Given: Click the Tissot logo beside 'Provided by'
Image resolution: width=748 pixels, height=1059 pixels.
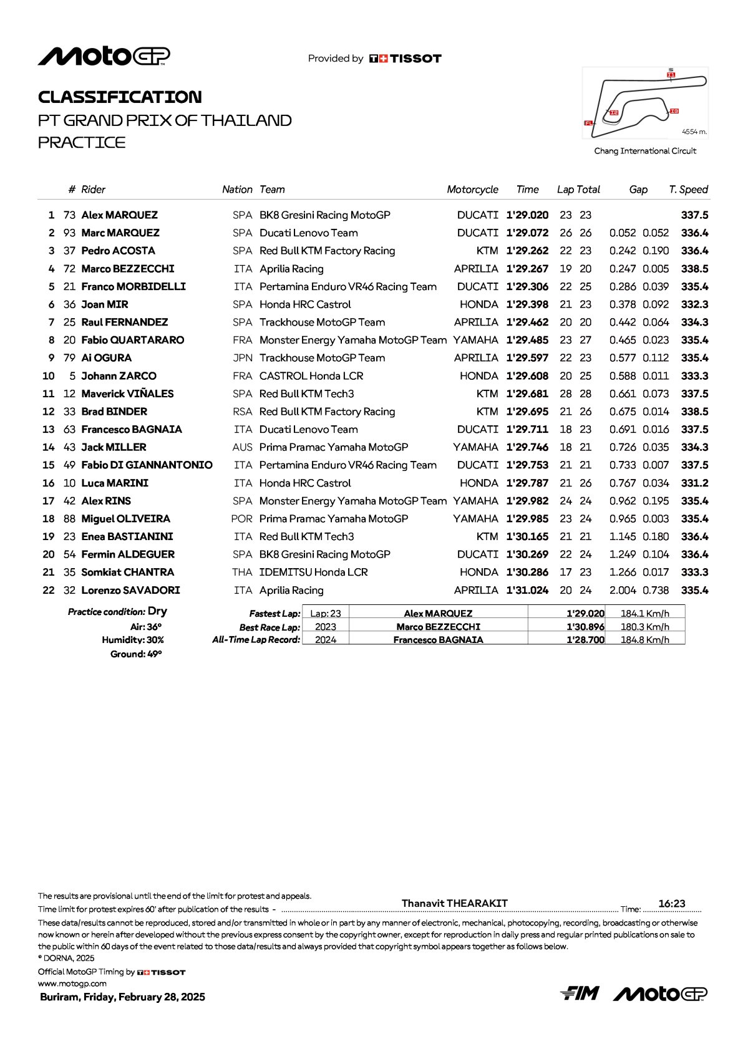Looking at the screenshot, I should click(x=406, y=59).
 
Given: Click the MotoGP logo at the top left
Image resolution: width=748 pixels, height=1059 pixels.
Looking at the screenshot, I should click(x=104, y=56).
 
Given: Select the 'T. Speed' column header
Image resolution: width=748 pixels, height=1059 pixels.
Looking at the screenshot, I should click(x=688, y=190).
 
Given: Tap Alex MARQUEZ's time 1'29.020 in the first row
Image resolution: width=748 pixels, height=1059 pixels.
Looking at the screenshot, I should click(x=527, y=215).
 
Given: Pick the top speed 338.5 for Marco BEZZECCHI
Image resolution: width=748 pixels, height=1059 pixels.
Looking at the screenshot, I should click(x=694, y=269).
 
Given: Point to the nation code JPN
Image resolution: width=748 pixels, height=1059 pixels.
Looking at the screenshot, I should click(x=242, y=358).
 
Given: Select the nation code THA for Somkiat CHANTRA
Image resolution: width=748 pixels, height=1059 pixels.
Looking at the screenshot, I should click(x=242, y=573).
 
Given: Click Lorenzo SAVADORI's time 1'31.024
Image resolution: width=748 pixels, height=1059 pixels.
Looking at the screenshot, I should click(x=527, y=591).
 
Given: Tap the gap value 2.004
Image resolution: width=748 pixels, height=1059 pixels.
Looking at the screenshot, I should click(x=623, y=591).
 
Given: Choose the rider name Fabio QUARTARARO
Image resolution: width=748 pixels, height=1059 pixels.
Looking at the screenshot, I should click(x=132, y=341).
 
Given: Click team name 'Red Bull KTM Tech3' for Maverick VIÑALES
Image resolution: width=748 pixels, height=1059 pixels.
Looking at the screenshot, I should click(x=306, y=394).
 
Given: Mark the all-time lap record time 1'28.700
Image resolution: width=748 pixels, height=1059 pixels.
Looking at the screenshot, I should click(x=585, y=640).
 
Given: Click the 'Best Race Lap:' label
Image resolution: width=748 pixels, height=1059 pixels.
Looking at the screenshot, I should click(x=270, y=627).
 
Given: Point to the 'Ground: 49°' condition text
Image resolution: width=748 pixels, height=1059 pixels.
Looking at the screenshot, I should click(x=136, y=654).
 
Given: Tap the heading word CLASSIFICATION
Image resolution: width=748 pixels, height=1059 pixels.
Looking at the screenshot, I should click(x=120, y=97).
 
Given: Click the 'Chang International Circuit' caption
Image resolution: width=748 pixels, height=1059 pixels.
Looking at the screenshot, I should click(x=645, y=151).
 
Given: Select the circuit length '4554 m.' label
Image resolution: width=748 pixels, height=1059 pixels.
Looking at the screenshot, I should click(x=694, y=132).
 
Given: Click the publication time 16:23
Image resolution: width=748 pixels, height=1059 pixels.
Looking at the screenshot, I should click(x=671, y=904).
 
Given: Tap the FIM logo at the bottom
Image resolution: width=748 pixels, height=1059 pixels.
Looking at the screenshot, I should click(x=580, y=994).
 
